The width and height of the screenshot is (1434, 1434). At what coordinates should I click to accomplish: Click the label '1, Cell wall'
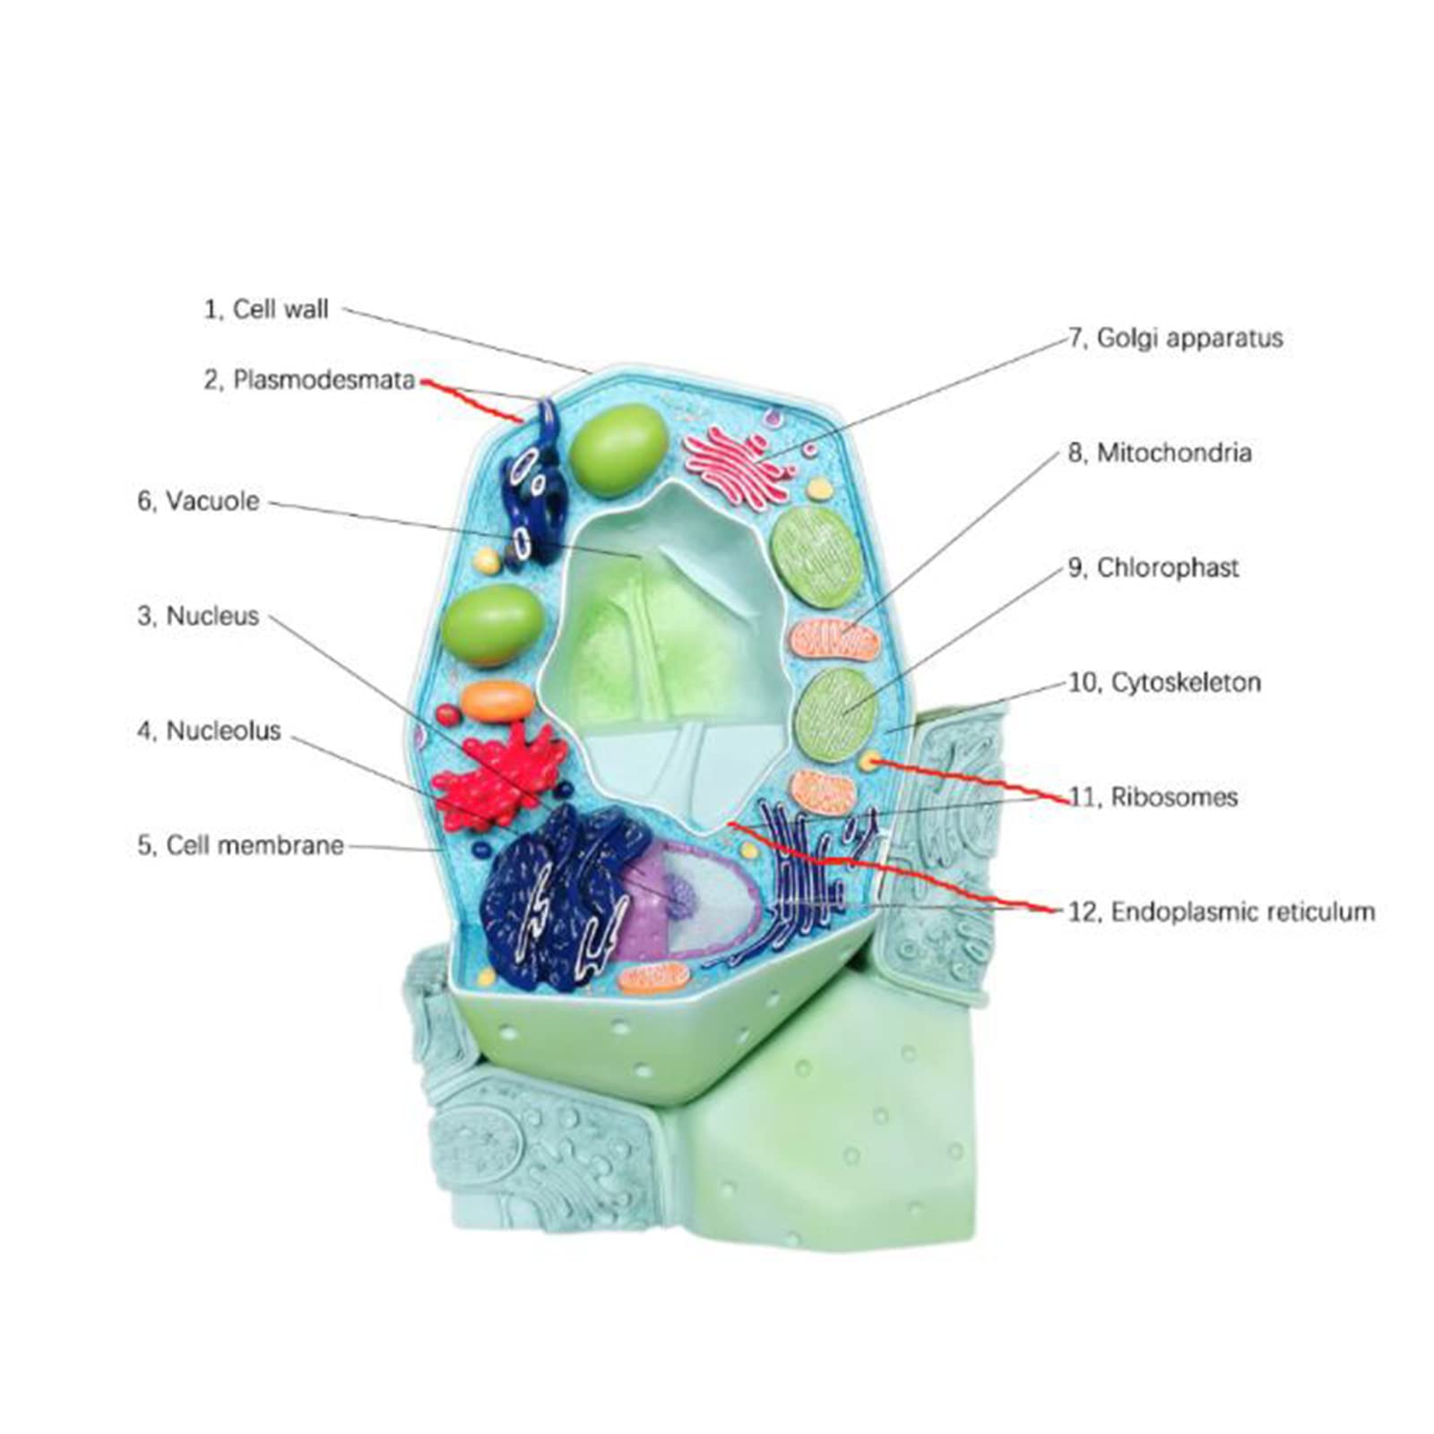[x=266, y=309]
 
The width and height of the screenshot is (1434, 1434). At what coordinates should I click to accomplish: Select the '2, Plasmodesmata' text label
[x=308, y=380]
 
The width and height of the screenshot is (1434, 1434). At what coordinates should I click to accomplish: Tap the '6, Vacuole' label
[x=198, y=501]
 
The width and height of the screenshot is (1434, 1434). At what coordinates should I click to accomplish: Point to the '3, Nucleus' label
[x=198, y=616]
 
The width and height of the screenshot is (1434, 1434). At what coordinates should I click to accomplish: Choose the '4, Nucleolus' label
[x=209, y=730]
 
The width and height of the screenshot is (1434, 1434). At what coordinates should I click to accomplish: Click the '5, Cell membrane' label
[x=240, y=845]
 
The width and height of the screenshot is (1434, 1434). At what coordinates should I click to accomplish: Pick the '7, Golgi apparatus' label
[x=1175, y=338]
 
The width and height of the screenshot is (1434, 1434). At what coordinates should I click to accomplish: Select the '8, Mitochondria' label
[x=1159, y=453]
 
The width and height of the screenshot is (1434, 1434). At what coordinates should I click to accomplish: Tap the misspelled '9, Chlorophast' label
[x=1153, y=567]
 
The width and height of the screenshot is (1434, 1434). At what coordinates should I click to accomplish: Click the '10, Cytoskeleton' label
[x=1164, y=682]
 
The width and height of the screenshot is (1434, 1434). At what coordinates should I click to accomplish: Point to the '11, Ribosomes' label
[x=1153, y=797]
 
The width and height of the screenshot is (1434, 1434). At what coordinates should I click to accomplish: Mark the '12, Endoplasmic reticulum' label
[x=1221, y=911]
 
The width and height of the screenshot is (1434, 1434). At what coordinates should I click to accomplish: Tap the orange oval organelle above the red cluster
[x=497, y=701]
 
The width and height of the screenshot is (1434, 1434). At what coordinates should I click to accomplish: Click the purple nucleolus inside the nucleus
[x=682, y=896]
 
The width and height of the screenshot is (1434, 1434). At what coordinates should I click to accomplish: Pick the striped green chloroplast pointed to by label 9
[x=836, y=713]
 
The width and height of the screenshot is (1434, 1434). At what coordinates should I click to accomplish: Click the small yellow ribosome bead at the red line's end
[x=868, y=761]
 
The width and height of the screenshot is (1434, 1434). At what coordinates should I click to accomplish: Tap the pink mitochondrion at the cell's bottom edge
[x=652, y=979]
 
